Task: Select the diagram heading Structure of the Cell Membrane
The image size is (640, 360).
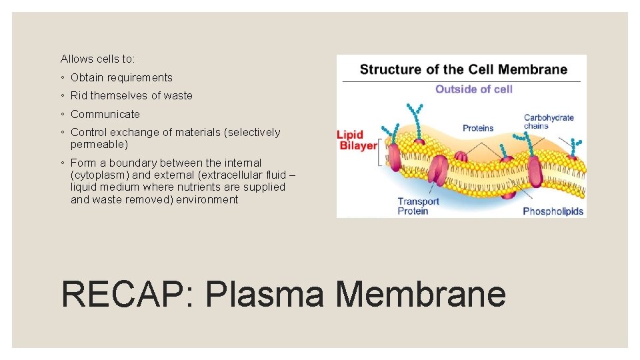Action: [x=463, y=69]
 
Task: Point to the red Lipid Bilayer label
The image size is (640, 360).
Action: [x=357, y=139]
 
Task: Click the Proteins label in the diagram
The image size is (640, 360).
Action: [x=478, y=127]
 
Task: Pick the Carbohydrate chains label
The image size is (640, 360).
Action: [x=548, y=121]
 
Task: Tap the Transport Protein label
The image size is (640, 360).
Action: [x=418, y=206]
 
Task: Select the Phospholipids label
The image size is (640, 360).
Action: [x=553, y=211]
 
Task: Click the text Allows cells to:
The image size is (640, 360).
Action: [x=97, y=59]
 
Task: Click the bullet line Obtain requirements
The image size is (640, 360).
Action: [x=121, y=77]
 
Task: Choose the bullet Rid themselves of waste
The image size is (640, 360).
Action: [x=131, y=95]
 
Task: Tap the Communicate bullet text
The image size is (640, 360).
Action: [x=105, y=114]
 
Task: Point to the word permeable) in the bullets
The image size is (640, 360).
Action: [x=99, y=144]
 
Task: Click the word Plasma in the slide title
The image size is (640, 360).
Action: [x=267, y=293]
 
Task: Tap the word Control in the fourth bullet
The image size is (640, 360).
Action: [x=88, y=132]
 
